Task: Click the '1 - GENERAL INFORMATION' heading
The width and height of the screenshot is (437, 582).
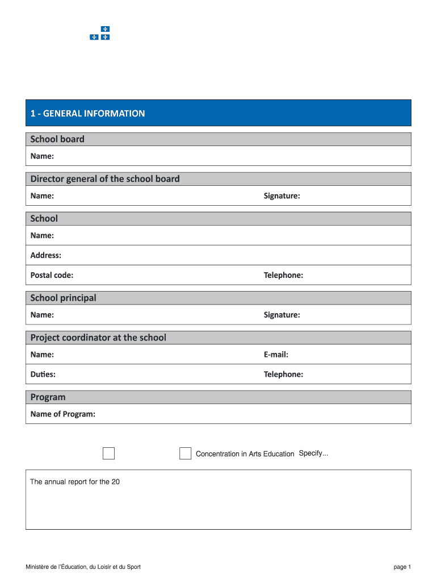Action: [87, 113]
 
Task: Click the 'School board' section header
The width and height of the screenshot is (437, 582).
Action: [57, 139]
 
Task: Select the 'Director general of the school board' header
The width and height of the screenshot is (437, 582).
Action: [105, 179]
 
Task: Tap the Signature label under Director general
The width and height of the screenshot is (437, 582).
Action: [281, 196]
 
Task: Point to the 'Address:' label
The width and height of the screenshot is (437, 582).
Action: [46, 255]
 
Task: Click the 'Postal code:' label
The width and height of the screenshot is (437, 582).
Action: [52, 275]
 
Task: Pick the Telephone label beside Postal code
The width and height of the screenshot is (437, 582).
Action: [283, 275]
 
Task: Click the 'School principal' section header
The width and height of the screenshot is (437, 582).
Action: [63, 298]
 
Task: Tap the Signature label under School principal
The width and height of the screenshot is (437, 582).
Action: [281, 315]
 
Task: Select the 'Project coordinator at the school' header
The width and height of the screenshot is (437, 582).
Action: [98, 338]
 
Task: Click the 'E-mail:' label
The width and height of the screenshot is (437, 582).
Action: [276, 355]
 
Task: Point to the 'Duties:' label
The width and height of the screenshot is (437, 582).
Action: [43, 375]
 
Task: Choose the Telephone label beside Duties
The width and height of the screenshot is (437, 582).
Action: [283, 375]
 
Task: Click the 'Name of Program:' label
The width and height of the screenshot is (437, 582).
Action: [63, 414]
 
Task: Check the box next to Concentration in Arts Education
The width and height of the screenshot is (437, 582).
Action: [185, 454]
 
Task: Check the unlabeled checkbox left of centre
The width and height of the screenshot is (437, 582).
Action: [108, 454]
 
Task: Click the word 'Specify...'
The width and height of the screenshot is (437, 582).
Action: [313, 453]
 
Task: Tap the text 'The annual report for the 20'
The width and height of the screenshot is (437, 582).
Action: [75, 482]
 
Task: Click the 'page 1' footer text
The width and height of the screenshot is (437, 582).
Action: [402, 567]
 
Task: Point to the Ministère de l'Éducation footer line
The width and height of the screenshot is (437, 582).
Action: [83, 567]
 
